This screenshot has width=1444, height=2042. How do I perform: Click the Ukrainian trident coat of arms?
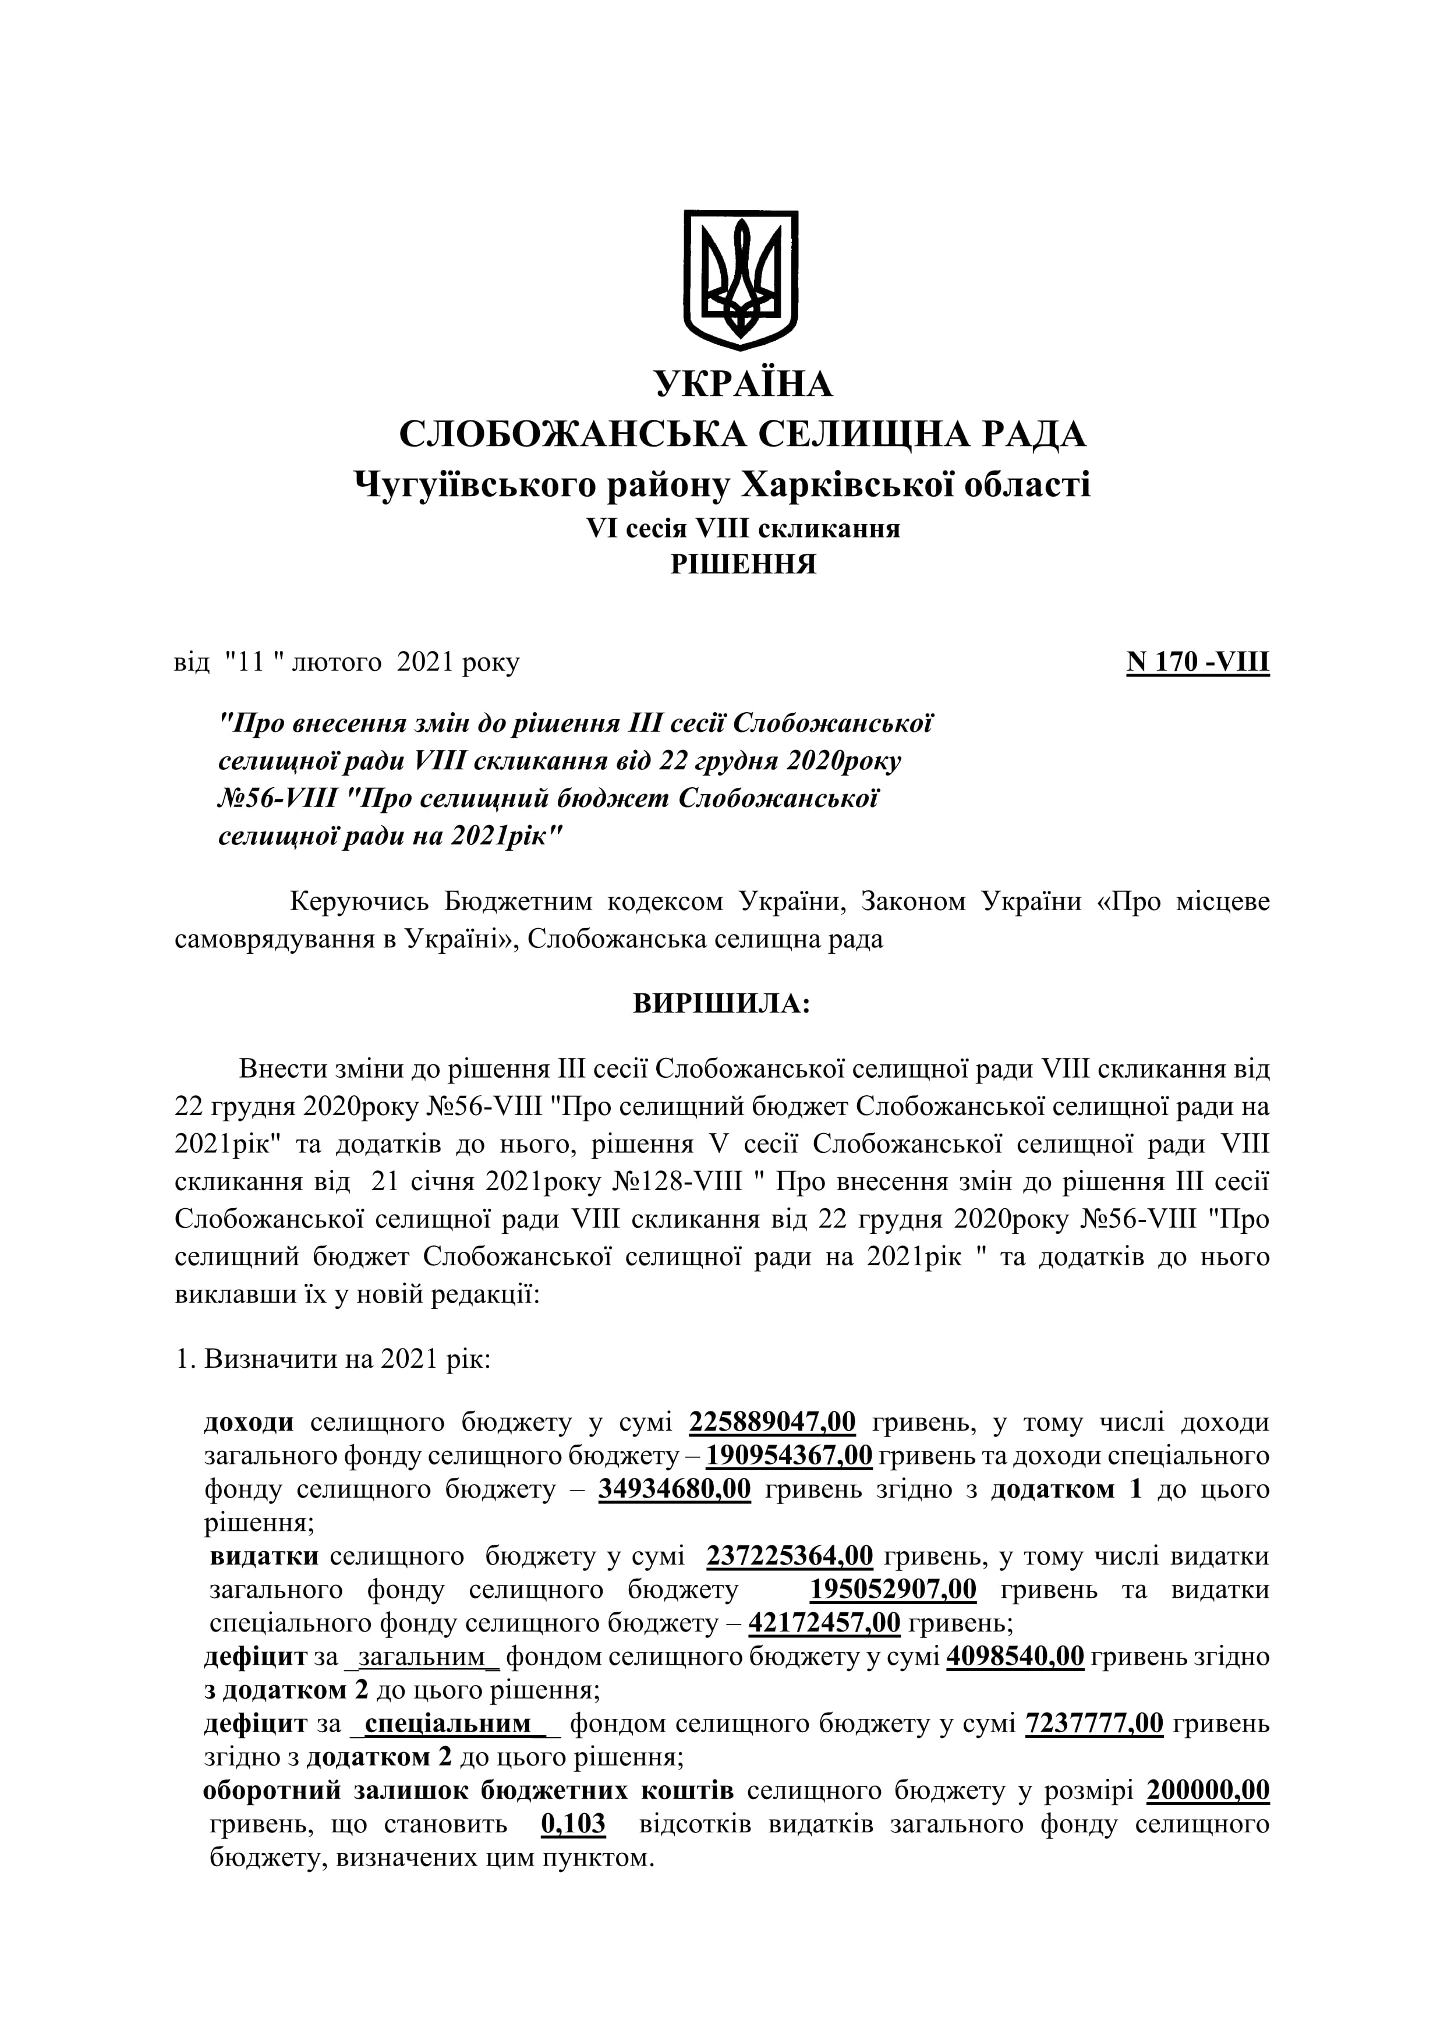pyautogui.click(x=740, y=279)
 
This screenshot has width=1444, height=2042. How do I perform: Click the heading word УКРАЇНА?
pyautogui.click(x=744, y=384)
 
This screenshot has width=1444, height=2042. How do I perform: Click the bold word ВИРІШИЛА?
pyautogui.click(x=721, y=1004)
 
